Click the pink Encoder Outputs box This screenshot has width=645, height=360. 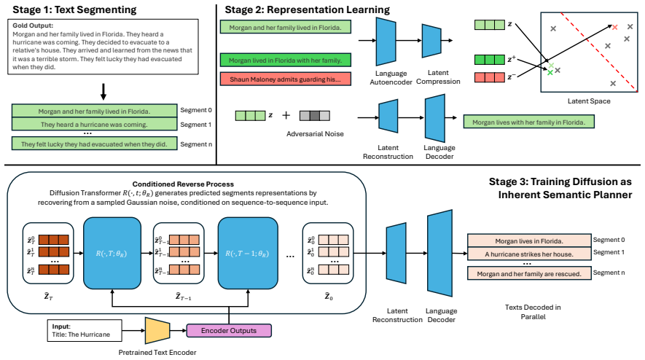[229, 330]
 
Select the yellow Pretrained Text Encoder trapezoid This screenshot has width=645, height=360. [157, 330]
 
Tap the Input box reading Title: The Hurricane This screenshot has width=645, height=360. [85, 330]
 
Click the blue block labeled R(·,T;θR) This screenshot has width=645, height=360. [112, 254]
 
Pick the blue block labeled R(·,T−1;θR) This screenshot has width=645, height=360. [248, 254]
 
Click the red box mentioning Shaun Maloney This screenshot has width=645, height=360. [286, 79]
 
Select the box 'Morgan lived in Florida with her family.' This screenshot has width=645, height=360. [286, 60]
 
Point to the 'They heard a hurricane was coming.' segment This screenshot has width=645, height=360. [94, 125]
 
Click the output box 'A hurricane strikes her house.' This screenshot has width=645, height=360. [529, 254]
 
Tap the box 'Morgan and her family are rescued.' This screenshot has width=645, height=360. [529, 273]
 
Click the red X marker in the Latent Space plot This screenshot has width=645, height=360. [614, 28]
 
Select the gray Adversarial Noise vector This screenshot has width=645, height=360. [315, 116]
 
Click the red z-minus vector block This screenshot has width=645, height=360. [490, 77]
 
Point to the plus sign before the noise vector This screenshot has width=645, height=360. [286, 116]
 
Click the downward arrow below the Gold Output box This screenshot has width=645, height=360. [103, 92]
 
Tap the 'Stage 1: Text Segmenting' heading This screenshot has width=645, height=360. [74, 10]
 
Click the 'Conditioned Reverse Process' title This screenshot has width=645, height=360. [183, 184]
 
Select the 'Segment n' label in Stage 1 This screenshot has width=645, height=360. [196, 144]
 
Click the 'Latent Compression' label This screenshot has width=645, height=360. [438, 77]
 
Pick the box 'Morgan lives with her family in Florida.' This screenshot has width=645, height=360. [528, 122]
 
